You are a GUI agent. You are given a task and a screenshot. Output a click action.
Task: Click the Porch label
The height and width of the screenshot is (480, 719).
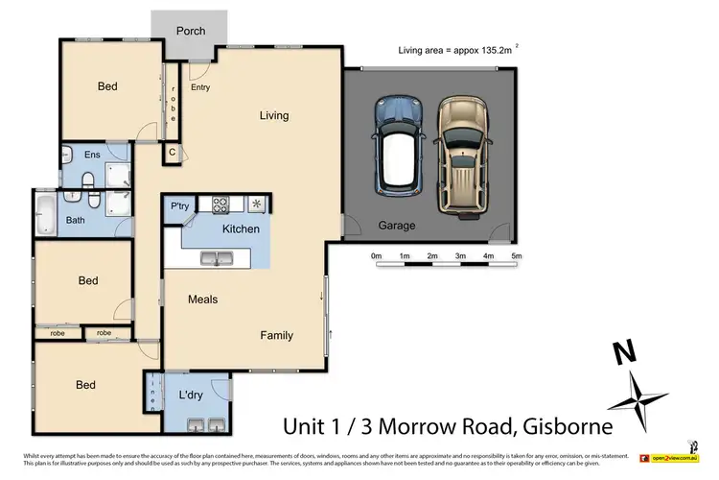coord(191,31)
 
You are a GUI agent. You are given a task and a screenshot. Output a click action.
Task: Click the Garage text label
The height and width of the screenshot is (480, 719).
coord(396,226)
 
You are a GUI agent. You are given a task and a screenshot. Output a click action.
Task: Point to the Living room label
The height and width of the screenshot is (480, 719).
coord(273,116)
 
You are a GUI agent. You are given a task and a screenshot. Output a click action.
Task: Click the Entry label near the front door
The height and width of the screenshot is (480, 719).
coord(200,87)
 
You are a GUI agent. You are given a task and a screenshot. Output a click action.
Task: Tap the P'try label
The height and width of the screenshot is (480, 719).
coord(179,206)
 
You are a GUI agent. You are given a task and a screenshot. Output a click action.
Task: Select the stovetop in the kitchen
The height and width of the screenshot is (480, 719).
coord(220,204)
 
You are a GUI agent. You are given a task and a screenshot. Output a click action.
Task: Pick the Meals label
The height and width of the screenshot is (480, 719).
coord(202,300)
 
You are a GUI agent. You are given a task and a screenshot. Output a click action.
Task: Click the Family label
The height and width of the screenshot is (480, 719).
coord(277,336)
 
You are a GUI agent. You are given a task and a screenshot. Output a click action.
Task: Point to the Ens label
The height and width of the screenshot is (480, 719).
coord(93,154)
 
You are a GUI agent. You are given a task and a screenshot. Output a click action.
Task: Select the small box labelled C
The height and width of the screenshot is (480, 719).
coord(173,152)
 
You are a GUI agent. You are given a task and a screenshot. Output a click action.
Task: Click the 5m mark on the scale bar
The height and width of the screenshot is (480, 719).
coord(516,256)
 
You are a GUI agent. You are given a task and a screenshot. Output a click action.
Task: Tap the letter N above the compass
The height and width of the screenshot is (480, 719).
coord(624,353)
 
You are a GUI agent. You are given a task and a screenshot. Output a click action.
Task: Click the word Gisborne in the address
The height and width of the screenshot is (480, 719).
coord(568,423)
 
